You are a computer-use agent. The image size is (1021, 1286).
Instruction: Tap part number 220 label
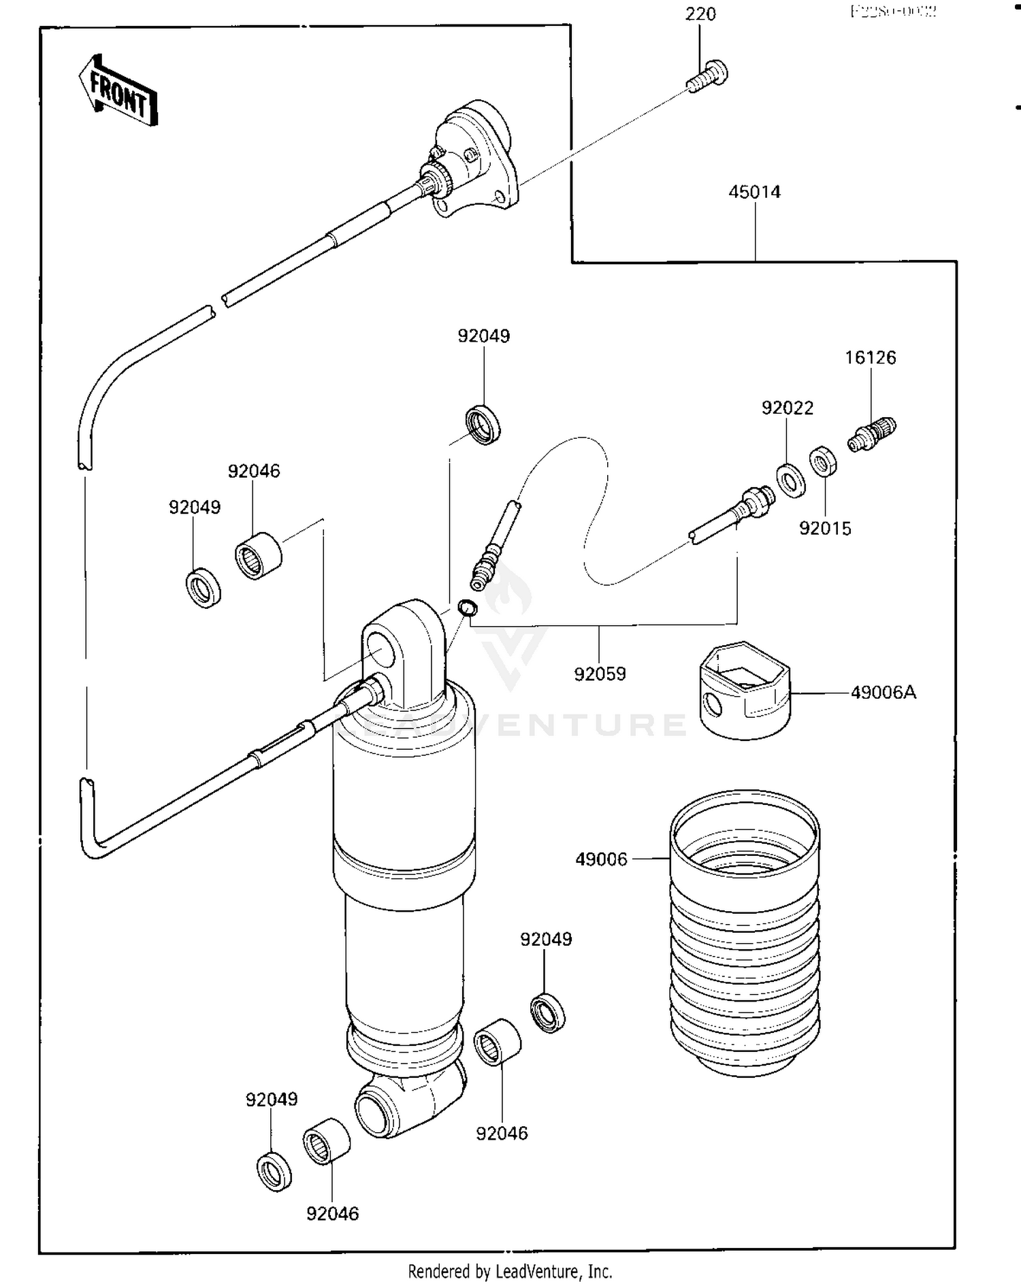pos(700,14)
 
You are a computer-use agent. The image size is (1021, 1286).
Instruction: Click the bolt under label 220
pos(707,76)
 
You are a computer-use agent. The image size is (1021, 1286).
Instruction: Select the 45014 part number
pos(754,192)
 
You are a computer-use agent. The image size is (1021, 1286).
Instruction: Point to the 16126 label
pos(871,358)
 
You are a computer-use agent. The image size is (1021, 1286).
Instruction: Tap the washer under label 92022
pos(791,480)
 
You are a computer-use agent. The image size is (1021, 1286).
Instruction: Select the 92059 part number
pos(600,674)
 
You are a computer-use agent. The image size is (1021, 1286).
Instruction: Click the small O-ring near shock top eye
pos(468,608)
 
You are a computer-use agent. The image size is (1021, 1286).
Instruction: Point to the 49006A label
pos(884,693)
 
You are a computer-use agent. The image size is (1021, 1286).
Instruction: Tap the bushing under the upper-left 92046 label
pos(258,556)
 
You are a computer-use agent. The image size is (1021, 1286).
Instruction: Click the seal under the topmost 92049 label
pos(483,425)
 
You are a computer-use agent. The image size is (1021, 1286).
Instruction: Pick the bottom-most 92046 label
pos(332,1213)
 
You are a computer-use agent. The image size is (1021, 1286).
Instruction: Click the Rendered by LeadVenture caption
pos(510,1271)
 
